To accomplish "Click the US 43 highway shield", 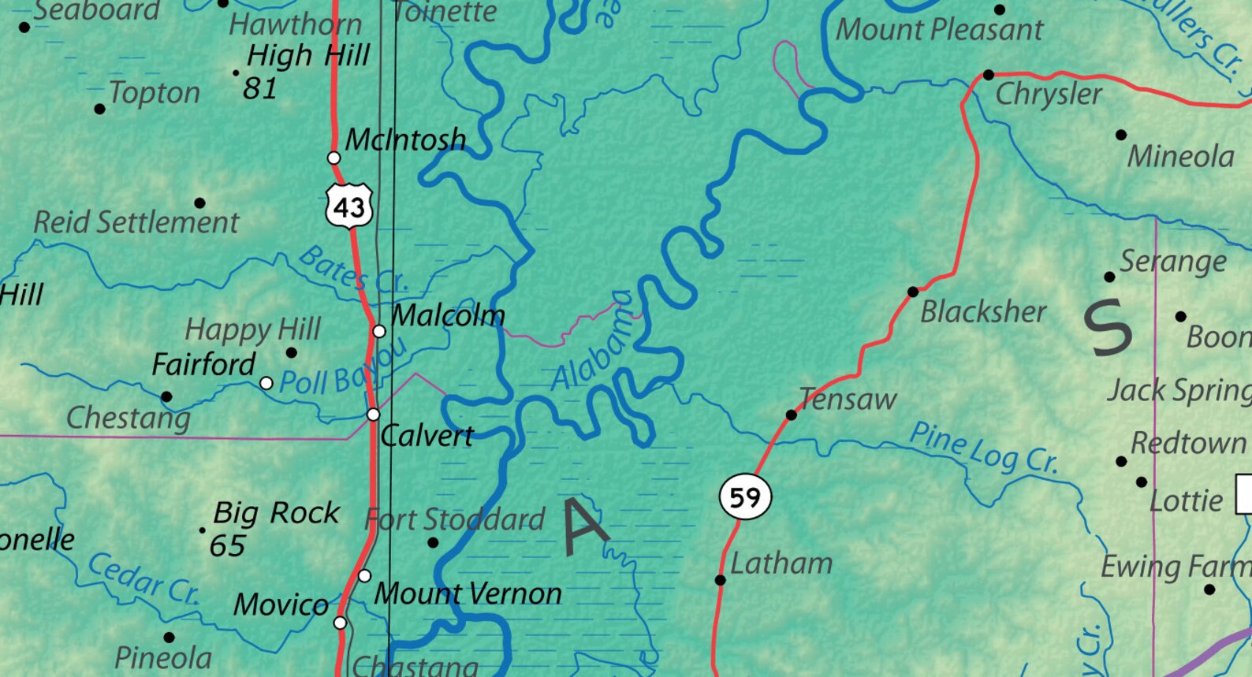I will pos(348,206).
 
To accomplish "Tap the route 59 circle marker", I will pos(744,497).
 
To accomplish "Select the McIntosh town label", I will pos(405,139).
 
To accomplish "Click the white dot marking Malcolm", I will pos(379,331).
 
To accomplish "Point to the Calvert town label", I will pos(427,435).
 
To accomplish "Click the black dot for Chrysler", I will pos(988,75).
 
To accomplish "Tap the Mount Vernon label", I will pos(468,593).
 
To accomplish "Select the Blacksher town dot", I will pos(913,292).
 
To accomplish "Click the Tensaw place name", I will pos(848,400).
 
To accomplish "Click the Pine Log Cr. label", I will pos(982,448).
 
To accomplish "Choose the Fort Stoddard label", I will pos(455,519).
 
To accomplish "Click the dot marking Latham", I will pos(720,580).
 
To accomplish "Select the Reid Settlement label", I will pos(136,222).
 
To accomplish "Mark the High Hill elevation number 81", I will pos(259,88).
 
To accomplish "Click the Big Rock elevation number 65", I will pos(227,545).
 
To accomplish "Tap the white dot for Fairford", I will pos(266,383).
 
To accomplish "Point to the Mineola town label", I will pos(1180,156).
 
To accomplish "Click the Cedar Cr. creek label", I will pos(143,578).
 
